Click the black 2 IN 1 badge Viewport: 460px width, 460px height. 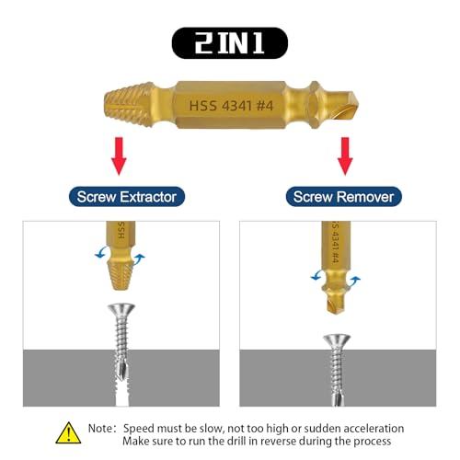click(230, 43)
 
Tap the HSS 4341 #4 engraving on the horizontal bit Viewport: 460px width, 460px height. click(231, 106)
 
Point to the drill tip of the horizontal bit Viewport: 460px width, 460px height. click(343, 105)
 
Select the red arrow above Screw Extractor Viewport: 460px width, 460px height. click(119, 156)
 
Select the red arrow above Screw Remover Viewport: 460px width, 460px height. click(345, 156)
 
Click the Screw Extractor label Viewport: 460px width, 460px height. click(127, 197)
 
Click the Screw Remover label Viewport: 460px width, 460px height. click(343, 197)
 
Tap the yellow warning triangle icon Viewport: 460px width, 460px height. click(68, 432)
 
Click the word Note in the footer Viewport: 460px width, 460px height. click(100, 428)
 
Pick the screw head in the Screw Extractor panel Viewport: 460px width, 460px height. click(121, 311)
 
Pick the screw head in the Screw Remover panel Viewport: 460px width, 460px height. click(337, 341)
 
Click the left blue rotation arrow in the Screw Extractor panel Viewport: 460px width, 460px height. click(101, 253)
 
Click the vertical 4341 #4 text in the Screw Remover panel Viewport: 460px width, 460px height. click(335, 247)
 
